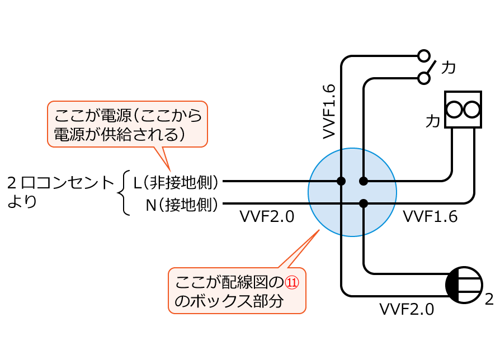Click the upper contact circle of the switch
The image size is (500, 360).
click(x=424, y=56)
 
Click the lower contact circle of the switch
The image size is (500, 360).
click(x=424, y=78)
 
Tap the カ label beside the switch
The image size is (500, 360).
click(x=448, y=68)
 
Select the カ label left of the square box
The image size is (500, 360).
click(x=432, y=120)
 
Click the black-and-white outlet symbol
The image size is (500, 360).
click(x=464, y=285)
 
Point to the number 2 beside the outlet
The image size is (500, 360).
click(x=489, y=299)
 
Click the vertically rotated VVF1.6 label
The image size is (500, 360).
click(x=329, y=112)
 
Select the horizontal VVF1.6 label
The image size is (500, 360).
click(x=430, y=216)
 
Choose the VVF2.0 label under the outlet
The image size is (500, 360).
click(x=407, y=309)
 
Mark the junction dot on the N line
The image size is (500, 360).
click(x=364, y=203)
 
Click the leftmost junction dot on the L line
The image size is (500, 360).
click(x=341, y=181)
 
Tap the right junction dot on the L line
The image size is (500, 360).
click(x=364, y=181)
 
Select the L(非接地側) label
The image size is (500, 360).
click(x=175, y=182)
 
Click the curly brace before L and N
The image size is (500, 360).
click(x=124, y=193)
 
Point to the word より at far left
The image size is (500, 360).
click(x=22, y=202)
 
